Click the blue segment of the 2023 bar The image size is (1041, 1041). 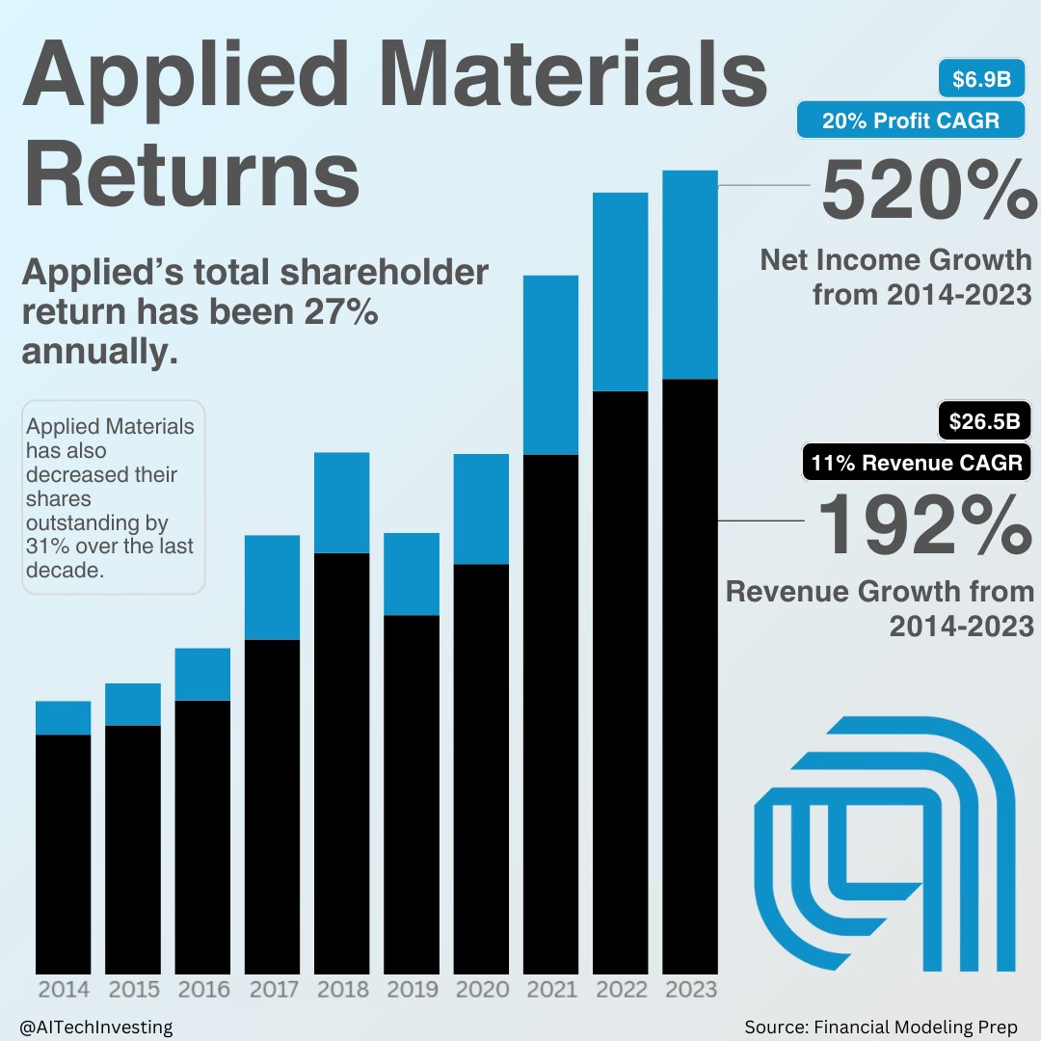690,275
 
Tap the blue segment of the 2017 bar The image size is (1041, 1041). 272,587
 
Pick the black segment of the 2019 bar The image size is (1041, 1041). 412,796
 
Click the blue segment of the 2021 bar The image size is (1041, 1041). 550,364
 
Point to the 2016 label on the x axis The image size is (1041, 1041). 203,990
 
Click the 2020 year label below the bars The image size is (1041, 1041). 481,990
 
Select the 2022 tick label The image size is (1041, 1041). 621,990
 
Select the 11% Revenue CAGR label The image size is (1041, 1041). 917,463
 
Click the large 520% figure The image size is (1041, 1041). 925,193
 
